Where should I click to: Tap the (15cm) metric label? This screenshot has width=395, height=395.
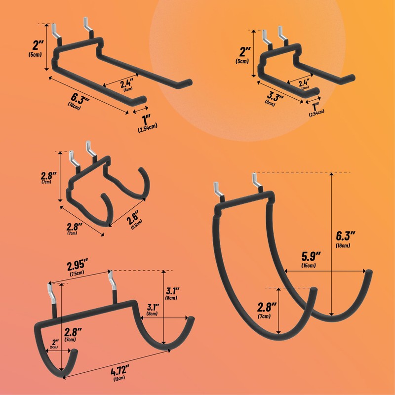(309, 266)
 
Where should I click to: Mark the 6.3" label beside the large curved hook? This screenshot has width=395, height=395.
(347, 236)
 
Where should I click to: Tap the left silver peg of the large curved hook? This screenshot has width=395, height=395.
(218, 189)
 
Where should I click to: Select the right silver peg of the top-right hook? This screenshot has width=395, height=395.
(282, 35)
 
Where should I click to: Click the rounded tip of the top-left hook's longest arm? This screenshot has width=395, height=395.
(187, 81)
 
